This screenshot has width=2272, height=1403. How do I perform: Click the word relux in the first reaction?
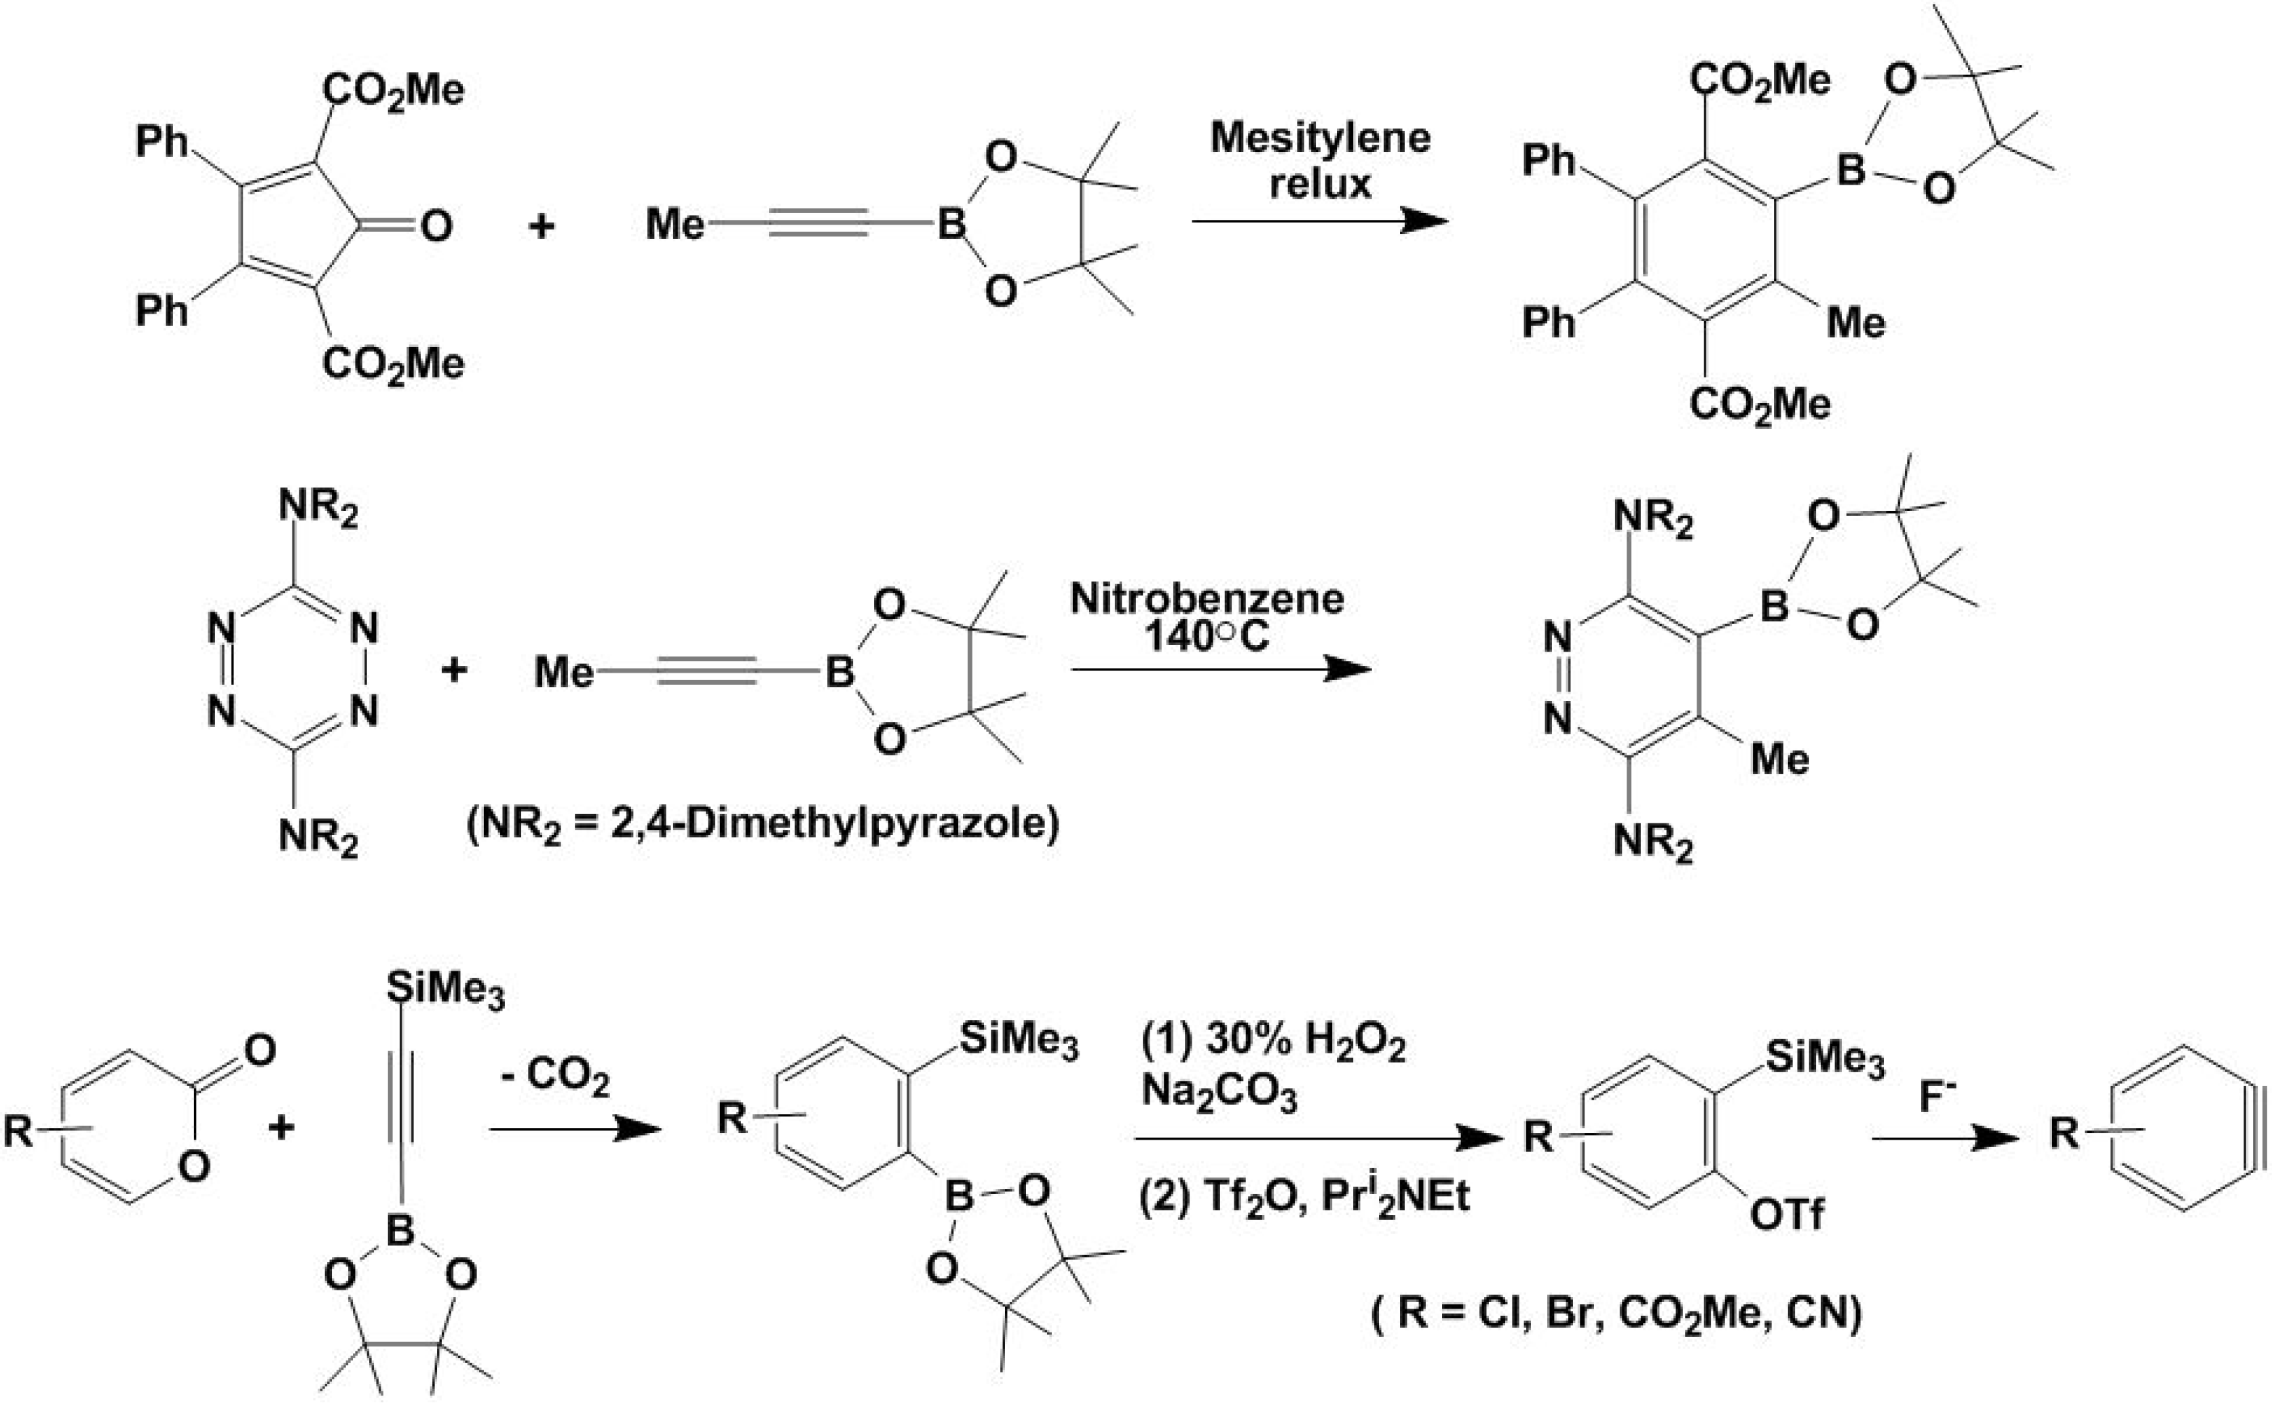pyautogui.click(x=1319, y=184)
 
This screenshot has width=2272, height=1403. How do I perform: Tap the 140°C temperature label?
pyautogui.click(x=1206, y=637)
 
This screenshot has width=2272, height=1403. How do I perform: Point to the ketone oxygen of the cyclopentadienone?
pyautogui.click(x=436, y=225)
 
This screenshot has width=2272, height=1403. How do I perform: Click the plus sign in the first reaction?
pyautogui.click(x=541, y=225)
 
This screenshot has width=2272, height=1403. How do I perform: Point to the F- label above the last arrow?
pyautogui.click(x=1937, y=1098)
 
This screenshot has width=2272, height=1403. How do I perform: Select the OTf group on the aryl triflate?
pyautogui.click(x=1786, y=1214)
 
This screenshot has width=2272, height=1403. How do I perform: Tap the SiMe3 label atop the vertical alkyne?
pyautogui.click(x=445, y=990)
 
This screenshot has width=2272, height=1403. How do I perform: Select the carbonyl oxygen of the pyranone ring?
pyautogui.click(x=260, y=1049)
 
